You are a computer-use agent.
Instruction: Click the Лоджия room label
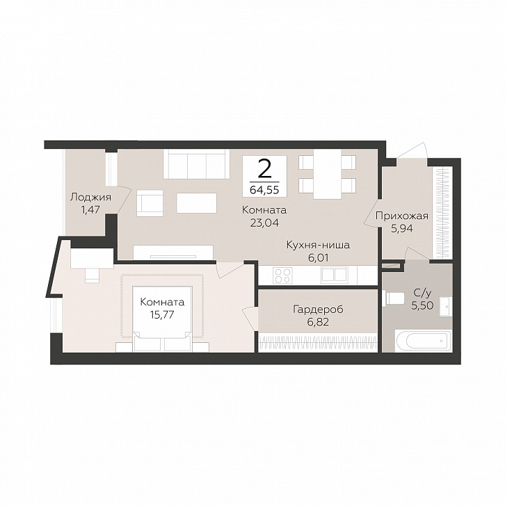[90, 198]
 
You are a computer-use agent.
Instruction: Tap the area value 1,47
[90, 210]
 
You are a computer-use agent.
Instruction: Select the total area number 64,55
[264, 191]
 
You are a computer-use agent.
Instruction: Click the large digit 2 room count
[264, 170]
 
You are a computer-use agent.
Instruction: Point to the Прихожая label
[402, 216]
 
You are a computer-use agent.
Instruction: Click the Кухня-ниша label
[318, 245]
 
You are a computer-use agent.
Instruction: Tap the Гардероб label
[318, 310]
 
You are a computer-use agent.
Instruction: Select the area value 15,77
[162, 314]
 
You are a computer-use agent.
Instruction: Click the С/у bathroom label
[422, 293]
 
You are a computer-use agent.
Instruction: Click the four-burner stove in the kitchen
[282, 275]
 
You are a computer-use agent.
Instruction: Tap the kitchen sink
[334, 275]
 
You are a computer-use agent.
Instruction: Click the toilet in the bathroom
[393, 298]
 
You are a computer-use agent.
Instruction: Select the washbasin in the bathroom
[447, 307]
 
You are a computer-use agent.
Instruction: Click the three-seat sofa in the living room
[196, 164]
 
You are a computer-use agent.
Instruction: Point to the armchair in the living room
[150, 203]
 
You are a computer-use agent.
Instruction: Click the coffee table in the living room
[196, 203]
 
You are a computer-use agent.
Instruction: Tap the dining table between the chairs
[327, 174]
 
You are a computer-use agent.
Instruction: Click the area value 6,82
[318, 322]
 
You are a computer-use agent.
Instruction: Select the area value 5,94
[402, 228]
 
